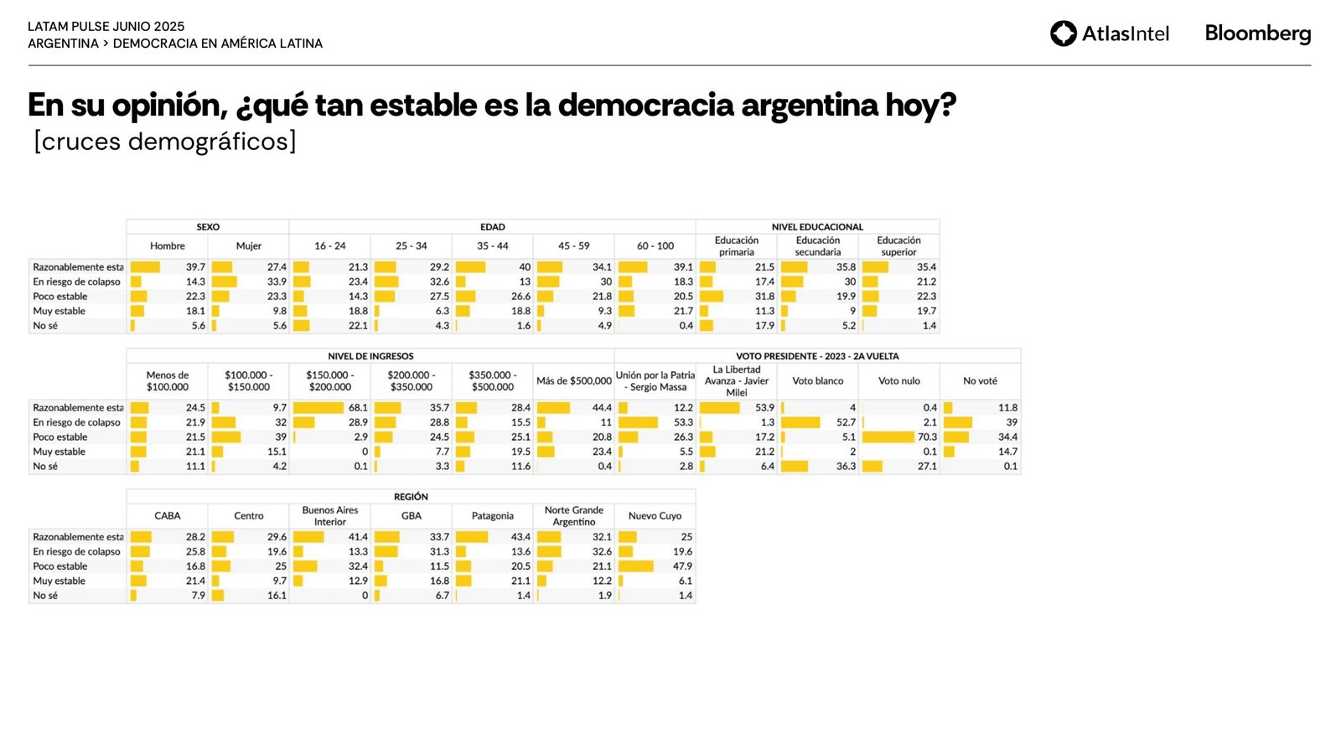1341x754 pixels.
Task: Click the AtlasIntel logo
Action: click(1109, 34)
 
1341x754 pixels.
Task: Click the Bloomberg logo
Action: click(1257, 34)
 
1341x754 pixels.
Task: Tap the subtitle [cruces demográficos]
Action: click(165, 142)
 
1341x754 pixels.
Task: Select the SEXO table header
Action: click(208, 227)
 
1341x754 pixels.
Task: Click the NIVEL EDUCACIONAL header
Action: click(817, 227)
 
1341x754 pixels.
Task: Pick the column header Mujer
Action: click(249, 246)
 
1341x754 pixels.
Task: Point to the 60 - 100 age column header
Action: click(655, 246)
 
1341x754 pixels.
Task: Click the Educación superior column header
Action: click(898, 246)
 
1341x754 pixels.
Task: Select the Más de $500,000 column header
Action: click(574, 381)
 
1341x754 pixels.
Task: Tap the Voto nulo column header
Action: click(898, 381)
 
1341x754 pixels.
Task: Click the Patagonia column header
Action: click(493, 516)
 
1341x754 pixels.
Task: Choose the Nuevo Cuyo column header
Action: click(655, 516)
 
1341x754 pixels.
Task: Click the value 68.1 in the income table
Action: click(358, 408)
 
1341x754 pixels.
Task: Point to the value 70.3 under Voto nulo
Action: click(927, 437)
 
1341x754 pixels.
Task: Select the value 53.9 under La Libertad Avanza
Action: click(764, 408)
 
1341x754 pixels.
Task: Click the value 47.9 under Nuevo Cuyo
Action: click(682, 566)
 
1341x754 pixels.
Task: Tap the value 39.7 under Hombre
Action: click(195, 267)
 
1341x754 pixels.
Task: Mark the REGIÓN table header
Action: click(411, 497)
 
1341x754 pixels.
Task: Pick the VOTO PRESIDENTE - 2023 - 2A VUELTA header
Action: click(817, 357)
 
